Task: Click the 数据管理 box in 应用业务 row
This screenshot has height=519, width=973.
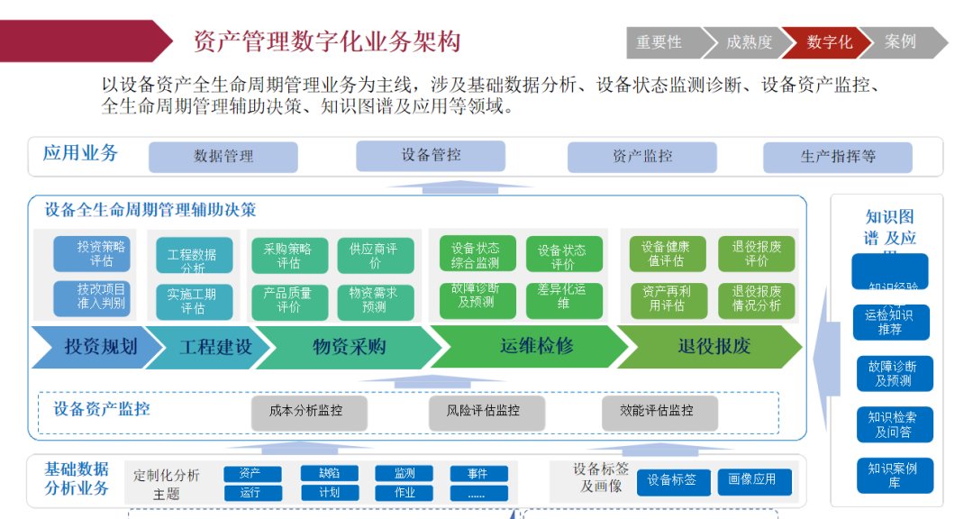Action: tap(223, 157)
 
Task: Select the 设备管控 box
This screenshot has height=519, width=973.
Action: tap(431, 155)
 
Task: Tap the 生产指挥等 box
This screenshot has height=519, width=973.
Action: tap(838, 157)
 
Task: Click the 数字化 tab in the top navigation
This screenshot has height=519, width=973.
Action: tap(829, 42)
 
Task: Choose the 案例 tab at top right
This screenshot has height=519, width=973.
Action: tap(901, 42)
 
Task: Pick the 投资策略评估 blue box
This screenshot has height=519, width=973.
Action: tap(92, 254)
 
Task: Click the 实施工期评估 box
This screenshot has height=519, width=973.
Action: tap(193, 301)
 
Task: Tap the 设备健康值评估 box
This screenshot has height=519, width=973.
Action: tap(666, 254)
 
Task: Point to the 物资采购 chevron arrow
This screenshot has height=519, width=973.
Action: tap(350, 347)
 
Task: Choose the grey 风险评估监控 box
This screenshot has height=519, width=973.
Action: tap(483, 411)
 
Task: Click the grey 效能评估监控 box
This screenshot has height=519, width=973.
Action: tap(659, 411)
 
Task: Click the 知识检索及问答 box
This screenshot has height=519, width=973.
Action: tap(893, 424)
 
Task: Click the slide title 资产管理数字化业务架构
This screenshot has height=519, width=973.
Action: tap(327, 42)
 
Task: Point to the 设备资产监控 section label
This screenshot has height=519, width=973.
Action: tap(102, 409)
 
